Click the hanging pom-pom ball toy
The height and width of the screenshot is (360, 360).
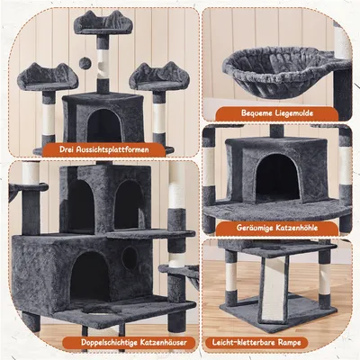85,63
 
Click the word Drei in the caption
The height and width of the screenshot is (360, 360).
67,149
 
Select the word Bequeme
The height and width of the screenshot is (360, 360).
256,113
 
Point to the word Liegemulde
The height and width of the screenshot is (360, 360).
293,113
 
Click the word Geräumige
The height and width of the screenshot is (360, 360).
253,228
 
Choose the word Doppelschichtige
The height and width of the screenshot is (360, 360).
110,342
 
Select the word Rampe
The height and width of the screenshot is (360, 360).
289,342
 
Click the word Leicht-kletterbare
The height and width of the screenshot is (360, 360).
244,342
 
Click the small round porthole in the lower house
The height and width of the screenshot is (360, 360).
130,257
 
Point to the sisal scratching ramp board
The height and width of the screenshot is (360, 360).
274,290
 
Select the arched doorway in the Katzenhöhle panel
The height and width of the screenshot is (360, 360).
277,178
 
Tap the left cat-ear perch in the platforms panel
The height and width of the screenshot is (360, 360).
48,77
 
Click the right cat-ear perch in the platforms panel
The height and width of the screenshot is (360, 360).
159,76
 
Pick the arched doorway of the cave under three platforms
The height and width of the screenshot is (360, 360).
104,125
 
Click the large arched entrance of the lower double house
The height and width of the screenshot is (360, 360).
89,276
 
